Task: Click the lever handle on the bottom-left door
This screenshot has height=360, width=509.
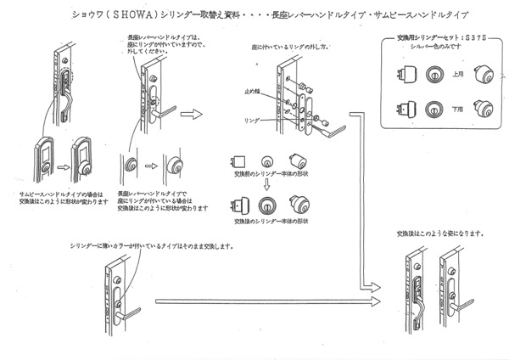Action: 128,312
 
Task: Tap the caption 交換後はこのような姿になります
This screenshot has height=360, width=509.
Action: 440,233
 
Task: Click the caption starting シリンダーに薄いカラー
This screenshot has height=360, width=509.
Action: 154,246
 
